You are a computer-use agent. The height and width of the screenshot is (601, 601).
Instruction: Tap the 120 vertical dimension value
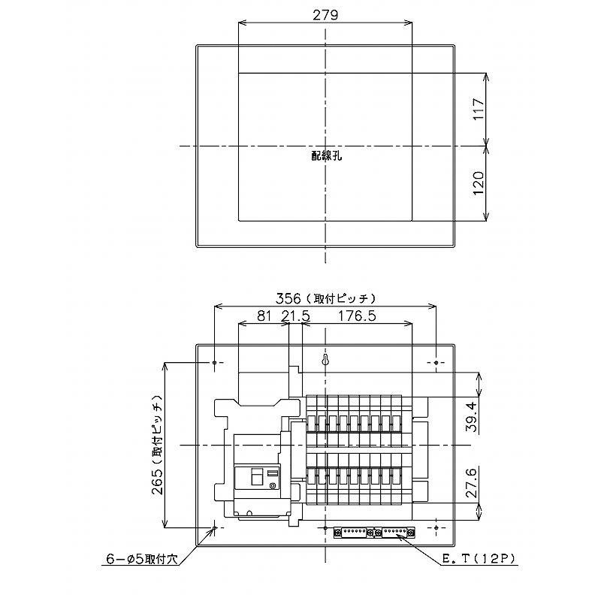[479, 183]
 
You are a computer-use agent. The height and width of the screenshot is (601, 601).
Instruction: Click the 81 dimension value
[264, 316]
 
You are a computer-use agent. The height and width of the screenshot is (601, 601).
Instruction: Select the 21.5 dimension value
[295, 316]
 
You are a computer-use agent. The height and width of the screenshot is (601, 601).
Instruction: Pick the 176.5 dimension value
[356, 316]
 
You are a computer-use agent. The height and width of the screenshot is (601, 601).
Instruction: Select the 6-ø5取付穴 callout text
[140, 558]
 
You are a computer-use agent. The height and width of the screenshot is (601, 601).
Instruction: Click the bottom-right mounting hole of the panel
[436, 528]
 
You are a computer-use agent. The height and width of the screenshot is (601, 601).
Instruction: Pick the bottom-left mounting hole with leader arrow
[215, 528]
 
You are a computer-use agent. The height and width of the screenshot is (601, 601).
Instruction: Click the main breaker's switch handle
[255, 476]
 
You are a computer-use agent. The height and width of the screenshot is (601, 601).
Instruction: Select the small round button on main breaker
[272, 486]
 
